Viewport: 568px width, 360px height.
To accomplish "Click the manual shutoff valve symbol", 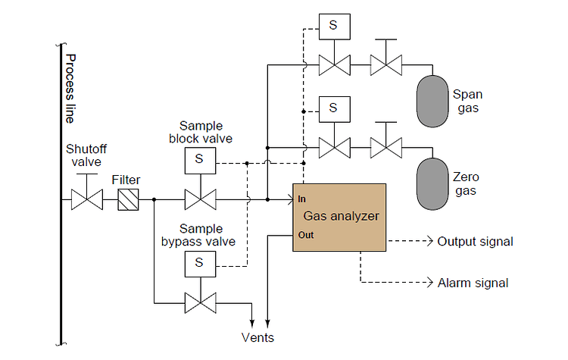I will coord(86,200).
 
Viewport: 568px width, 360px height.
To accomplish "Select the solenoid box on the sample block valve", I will coord(199,159).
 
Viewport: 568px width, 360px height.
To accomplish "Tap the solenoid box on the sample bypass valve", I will coord(199,262).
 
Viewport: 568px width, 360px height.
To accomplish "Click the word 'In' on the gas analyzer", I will coord(301,199).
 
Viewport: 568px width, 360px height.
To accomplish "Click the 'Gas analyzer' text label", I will coord(341,216).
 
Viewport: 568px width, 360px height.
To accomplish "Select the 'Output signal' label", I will coord(475,242).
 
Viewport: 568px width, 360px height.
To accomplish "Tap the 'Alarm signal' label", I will coord(473,283).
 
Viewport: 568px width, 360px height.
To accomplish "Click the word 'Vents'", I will coord(257,337).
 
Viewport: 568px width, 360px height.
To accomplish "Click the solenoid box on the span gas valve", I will coord(332,27).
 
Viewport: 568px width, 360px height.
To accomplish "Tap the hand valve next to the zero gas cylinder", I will coord(385,146).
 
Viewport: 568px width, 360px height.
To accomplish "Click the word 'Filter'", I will coord(126,180).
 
